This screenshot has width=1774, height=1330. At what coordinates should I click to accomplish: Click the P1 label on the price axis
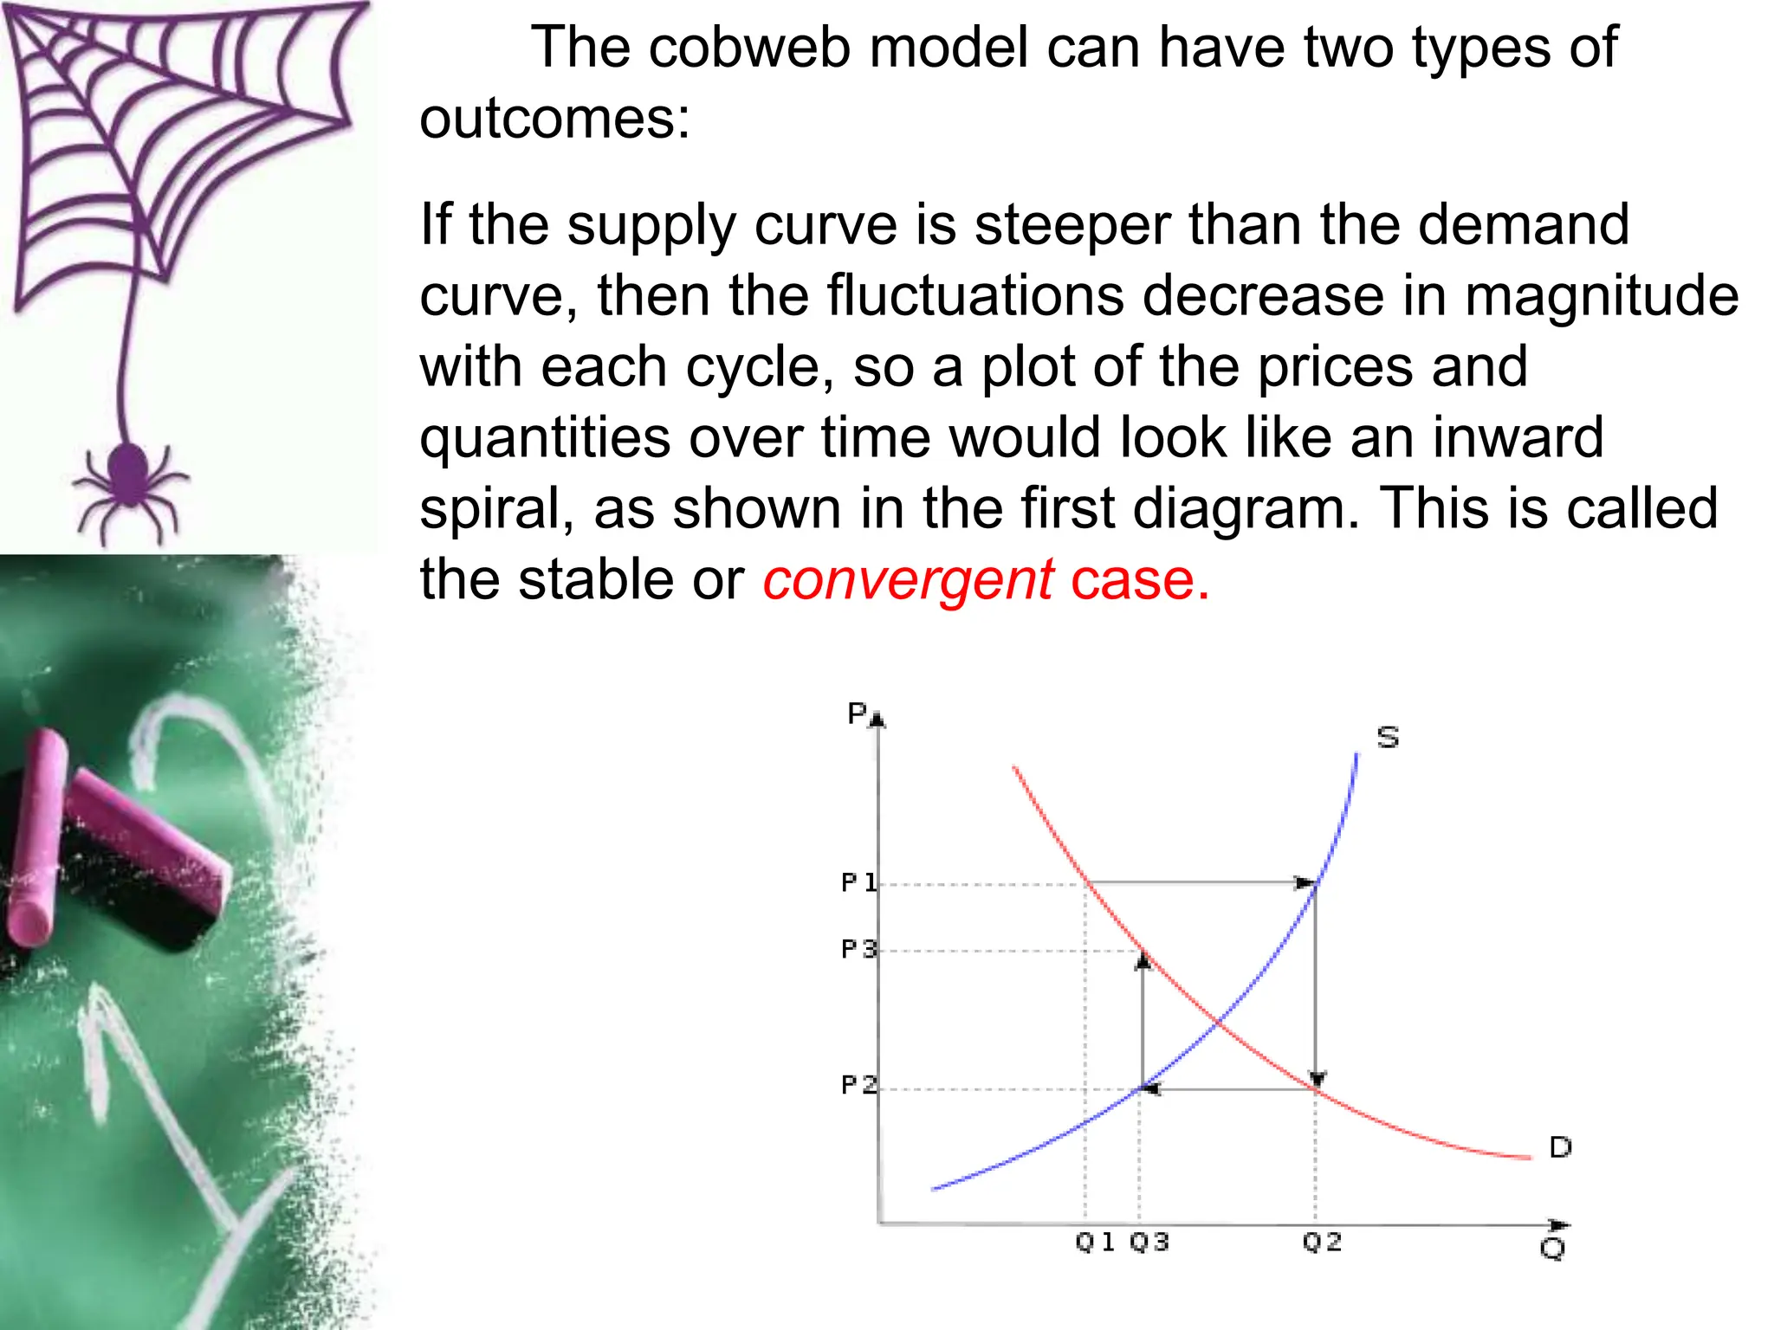click(x=858, y=882)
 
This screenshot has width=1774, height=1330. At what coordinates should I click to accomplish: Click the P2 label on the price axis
click(x=858, y=1084)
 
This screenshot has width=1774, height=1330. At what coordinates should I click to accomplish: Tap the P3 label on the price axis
click(x=858, y=949)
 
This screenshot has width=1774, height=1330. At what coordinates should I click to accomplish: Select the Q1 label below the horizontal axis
click(x=1094, y=1242)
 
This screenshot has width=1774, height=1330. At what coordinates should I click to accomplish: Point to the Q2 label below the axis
click(x=1322, y=1242)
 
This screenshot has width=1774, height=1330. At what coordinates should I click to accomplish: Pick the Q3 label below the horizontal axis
click(x=1149, y=1242)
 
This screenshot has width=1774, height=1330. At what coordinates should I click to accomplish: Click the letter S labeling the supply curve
click(x=1388, y=737)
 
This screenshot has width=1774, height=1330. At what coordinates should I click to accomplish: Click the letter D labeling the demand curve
click(x=1559, y=1147)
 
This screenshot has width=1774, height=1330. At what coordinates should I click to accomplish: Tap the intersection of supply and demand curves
click(x=1217, y=1023)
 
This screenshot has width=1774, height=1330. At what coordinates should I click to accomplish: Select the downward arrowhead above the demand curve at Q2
click(x=1317, y=1079)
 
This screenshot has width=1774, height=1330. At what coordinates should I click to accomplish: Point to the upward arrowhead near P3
click(x=1143, y=959)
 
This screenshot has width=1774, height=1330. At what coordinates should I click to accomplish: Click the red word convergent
click(x=908, y=579)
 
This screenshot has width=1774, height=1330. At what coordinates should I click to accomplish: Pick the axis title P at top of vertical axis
click(x=857, y=713)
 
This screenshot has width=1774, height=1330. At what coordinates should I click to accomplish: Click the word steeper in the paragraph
click(x=1072, y=224)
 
